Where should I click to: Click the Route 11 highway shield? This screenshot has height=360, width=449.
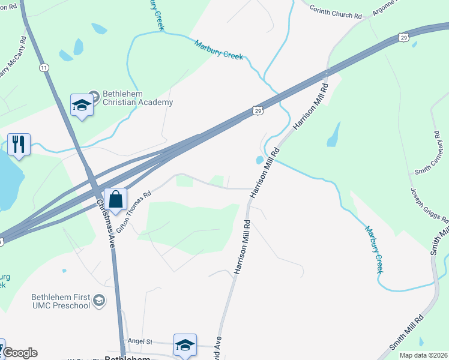click(44, 68)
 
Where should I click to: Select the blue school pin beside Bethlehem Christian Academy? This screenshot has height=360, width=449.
click(81, 106)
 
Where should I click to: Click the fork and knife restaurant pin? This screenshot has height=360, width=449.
click(19, 144)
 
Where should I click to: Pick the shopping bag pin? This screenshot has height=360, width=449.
click(116, 200)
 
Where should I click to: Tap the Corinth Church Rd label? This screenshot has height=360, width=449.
click(336, 13)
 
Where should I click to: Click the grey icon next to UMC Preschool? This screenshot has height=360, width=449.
click(99, 301)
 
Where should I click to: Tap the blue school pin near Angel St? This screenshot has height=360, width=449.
click(185, 344)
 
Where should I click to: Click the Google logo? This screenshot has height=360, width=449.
click(19, 353)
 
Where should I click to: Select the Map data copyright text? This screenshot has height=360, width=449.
click(423, 355)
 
